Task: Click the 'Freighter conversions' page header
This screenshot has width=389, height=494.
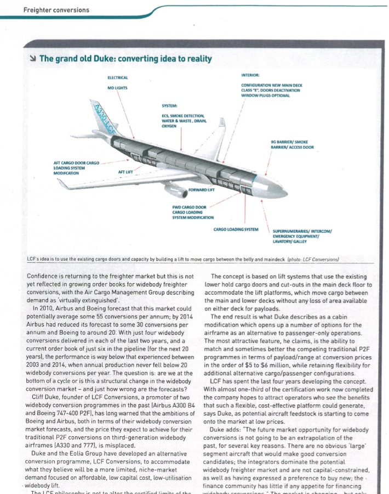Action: click(56, 10)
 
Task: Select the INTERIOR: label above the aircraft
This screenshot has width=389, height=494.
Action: click(250, 75)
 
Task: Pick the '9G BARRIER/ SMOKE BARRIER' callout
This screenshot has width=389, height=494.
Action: click(291, 145)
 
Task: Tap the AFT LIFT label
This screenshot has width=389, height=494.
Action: click(125, 172)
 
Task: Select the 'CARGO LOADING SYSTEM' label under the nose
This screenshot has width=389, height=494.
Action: click(236, 229)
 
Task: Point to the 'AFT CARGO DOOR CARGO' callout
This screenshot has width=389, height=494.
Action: click(76, 163)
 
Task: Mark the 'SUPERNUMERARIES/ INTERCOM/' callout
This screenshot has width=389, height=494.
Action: click(306, 231)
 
